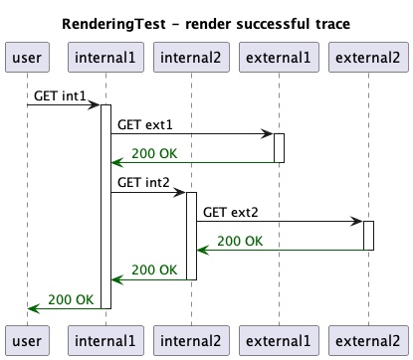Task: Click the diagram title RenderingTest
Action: click(x=206, y=23)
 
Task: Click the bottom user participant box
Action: click(x=27, y=339)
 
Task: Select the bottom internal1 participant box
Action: click(x=104, y=339)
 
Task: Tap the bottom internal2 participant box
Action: click(x=191, y=339)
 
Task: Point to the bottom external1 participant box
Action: click(x=279, y=339)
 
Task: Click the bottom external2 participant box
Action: click(x=368, y=339)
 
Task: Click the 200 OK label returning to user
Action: click(x=71, y=299)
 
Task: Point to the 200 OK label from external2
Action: click(x=240, y=241)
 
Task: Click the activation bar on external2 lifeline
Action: click(x=368, y=236)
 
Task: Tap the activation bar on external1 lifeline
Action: click(x=280, y=148)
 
